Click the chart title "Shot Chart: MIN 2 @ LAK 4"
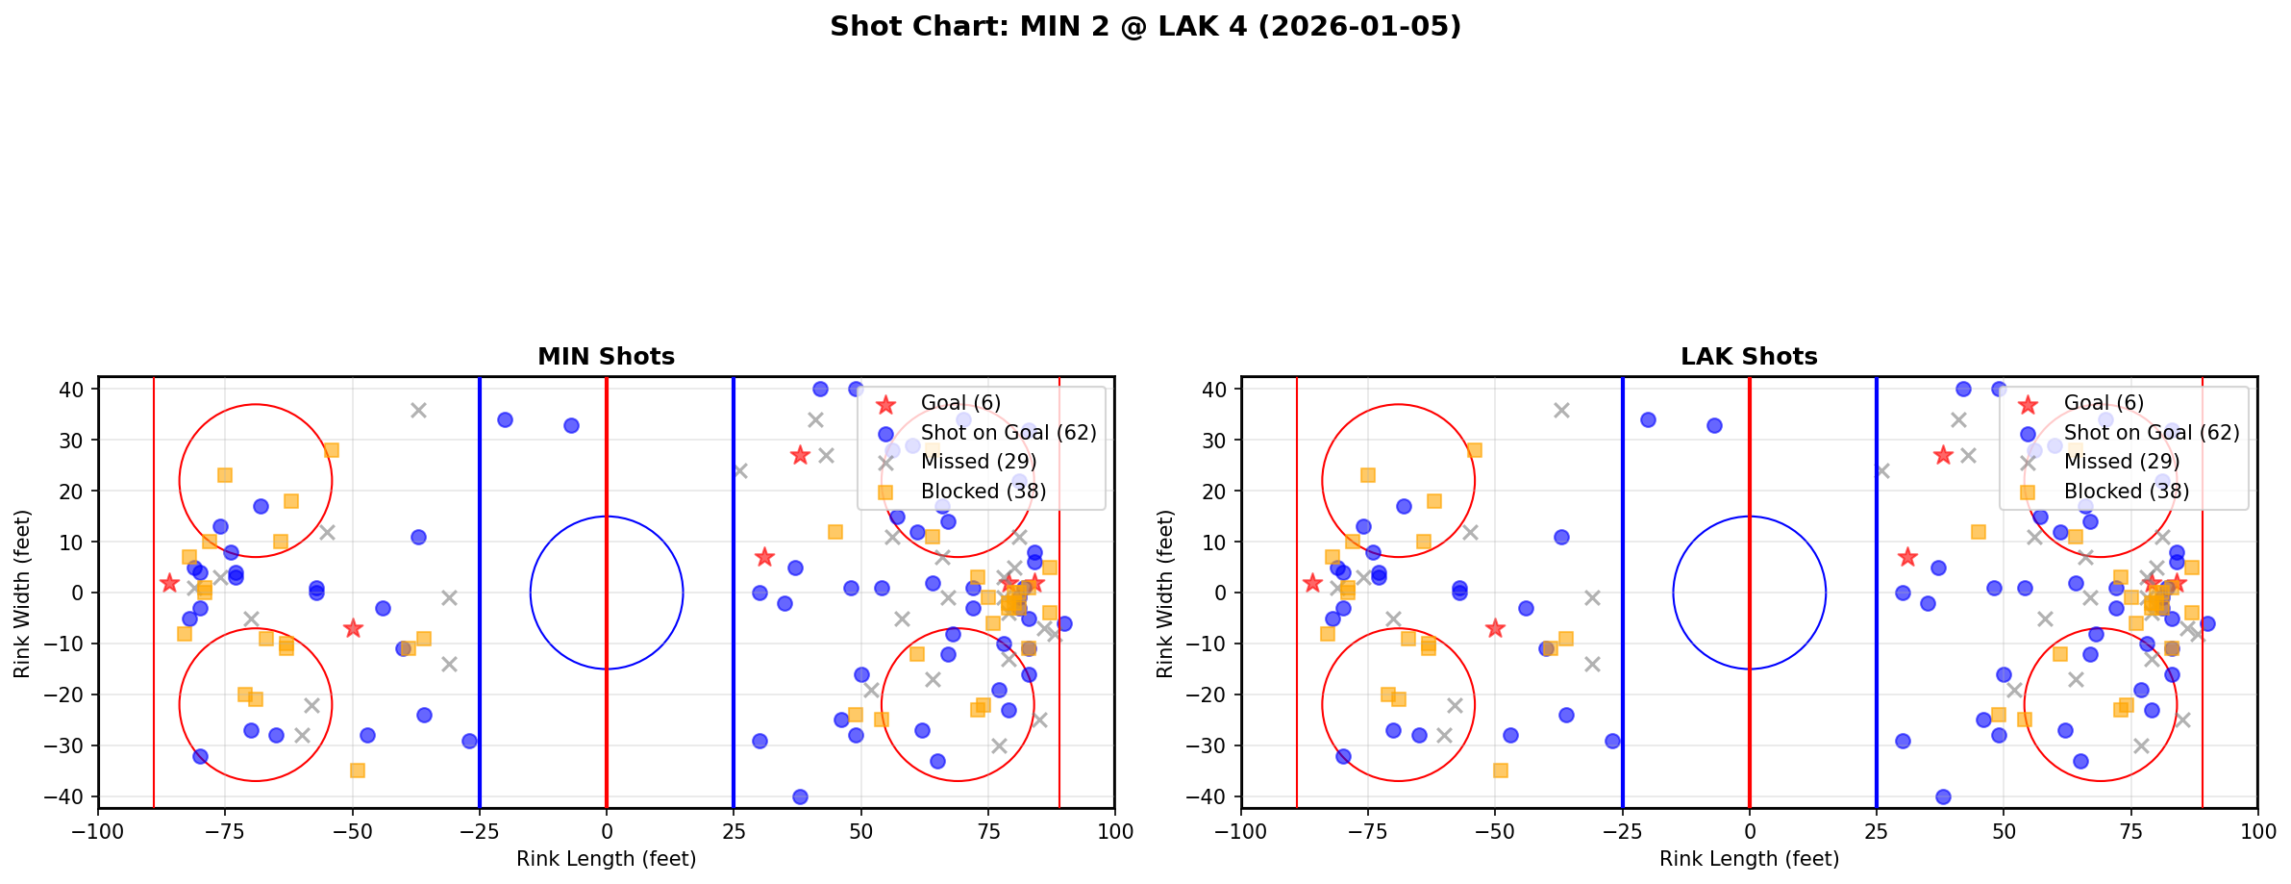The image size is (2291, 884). [1145, 27]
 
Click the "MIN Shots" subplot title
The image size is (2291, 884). [606, 357]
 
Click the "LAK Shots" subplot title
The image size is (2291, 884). [1749, 357]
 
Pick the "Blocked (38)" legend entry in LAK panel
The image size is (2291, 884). [2126, 492]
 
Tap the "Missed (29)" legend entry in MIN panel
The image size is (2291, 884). [978, 462]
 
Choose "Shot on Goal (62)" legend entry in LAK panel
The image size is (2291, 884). [2152, 433]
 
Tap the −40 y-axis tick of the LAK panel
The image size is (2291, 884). [1212, 796]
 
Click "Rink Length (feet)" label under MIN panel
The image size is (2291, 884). [606, 859]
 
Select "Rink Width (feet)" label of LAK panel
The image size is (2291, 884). [1165, 594]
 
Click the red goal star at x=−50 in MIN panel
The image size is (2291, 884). [353, 628]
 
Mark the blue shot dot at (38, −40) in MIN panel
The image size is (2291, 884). [800, 796]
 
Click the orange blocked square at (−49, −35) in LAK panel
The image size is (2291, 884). [1500, 770]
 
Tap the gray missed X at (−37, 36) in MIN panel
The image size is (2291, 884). [418, 410]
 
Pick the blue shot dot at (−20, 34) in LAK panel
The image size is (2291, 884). [1648, 419]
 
